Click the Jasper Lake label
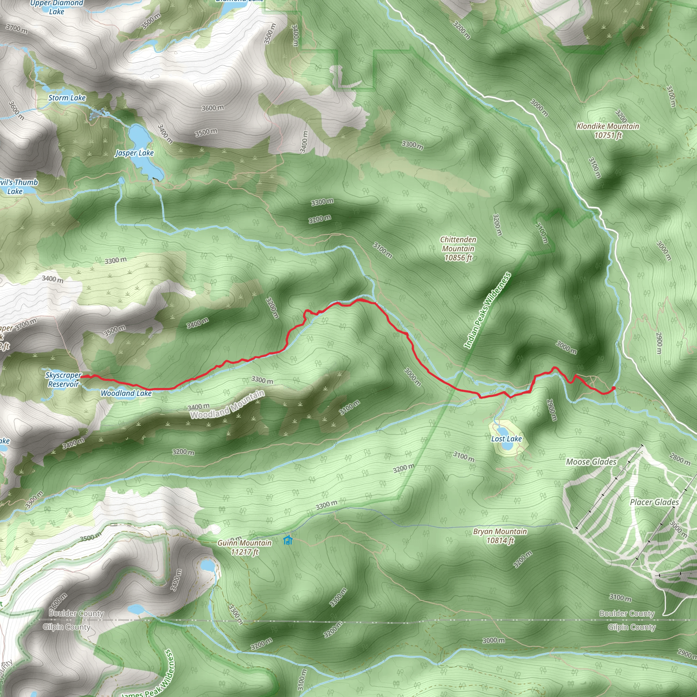point(134,153)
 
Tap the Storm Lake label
point(67,98)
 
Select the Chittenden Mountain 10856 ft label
point(458,248)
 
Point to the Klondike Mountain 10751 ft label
point(608,131)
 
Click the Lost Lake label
point(506,439)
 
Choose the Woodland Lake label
point(126,393)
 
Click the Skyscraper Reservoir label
point(64,379)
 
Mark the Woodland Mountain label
point(227,405)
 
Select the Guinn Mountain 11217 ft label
point(245,547)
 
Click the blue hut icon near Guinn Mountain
point(288,540)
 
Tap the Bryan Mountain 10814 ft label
point(500,536)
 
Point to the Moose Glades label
point(591,462)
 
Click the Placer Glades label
point(654,502)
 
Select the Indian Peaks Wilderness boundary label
point(487,311)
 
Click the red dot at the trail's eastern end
point(614,388)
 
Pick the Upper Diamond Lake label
point(56,7)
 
